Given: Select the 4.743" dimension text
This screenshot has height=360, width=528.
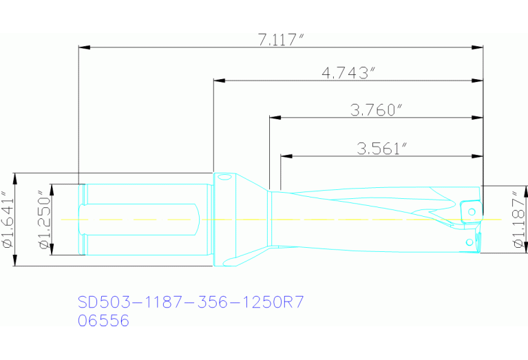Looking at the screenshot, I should point(348,72).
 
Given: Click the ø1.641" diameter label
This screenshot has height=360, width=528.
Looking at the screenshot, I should point(8,219).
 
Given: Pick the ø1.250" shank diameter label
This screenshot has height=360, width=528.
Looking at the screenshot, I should point(43,220).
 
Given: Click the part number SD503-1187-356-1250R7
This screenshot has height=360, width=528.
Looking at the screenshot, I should point(191,301).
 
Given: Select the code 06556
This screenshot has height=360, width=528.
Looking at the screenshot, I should point(103,321).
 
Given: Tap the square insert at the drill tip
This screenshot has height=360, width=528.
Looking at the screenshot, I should point(472,210).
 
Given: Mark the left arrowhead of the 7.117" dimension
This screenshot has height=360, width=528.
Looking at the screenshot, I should point(85,47).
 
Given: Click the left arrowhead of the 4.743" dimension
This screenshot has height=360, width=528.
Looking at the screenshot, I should point(219,81).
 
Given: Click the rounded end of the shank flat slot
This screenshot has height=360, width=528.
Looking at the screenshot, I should point(200,219).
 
